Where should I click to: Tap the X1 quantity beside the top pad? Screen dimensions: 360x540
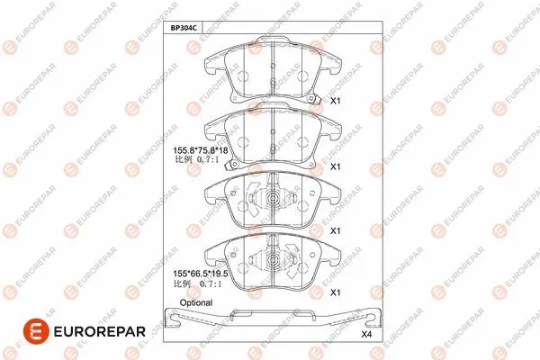point(335,102)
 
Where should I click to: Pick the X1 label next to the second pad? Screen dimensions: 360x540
point(335,166)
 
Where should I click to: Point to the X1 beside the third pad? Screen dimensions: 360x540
point(335,230)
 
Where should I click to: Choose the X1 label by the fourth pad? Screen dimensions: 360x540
point(335,292)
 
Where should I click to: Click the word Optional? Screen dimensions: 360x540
point(196,302)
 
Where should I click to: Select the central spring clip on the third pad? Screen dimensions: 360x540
point(269,197)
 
